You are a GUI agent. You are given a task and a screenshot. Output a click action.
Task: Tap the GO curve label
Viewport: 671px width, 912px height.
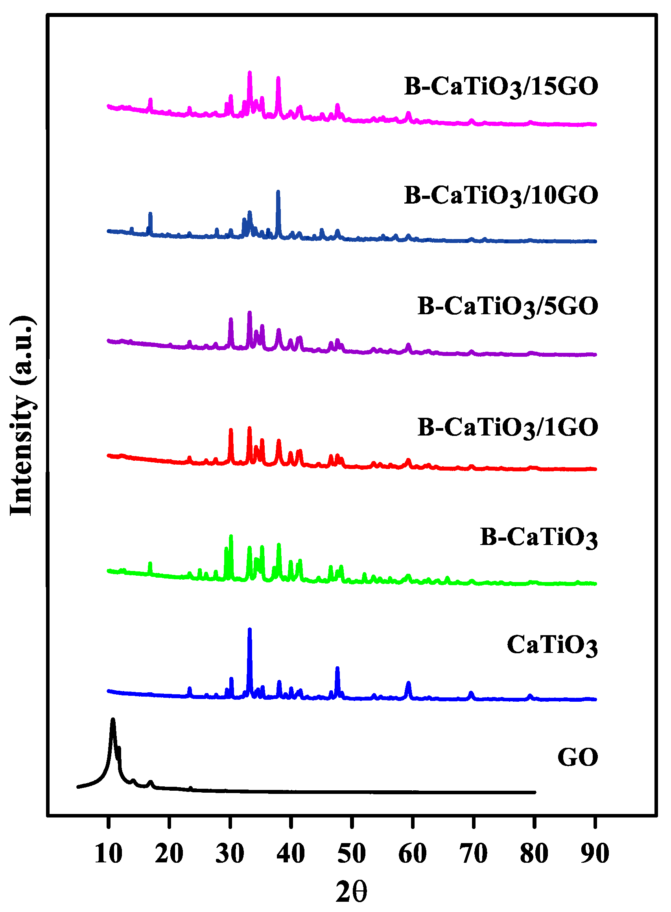point(577,757)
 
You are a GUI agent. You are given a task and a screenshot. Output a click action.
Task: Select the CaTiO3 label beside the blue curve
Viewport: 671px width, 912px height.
point(552,645)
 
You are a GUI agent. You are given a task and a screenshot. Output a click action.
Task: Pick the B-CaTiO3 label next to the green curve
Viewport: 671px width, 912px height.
point(538,538)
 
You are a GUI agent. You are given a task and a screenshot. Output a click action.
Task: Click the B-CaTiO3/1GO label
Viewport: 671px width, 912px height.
point(508,428)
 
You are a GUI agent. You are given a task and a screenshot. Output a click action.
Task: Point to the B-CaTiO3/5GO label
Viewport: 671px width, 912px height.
point(508,307)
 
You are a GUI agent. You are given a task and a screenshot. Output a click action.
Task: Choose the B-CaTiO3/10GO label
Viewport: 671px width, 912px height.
point(501,196)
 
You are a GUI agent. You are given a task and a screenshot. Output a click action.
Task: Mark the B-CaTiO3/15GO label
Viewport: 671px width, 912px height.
point(501,87)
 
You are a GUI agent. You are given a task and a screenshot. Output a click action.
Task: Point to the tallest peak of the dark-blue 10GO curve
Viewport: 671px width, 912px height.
point(278,192)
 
